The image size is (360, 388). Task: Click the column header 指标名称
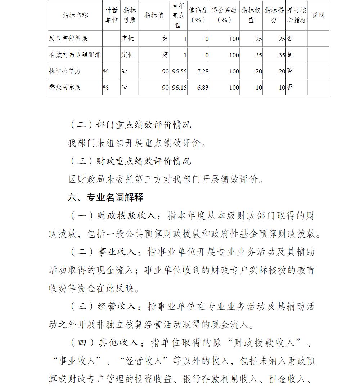tap(75, 15)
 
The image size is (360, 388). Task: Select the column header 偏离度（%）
tap(198, 15)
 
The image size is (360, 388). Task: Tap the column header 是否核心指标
tap(297, 15)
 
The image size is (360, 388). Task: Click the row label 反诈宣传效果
tap(68, 39)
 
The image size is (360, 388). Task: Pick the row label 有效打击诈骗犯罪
tap(75, 55)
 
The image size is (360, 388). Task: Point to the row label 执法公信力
tap(65, 71)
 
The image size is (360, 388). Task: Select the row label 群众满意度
tap(65, 87)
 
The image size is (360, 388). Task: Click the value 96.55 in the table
tap(179, 71)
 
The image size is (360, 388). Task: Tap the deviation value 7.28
tap(203, 71)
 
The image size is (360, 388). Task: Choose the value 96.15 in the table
tap(179, 88)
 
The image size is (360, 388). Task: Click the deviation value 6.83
tap(203, 88)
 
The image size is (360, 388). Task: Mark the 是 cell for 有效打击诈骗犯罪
tap(290, 55)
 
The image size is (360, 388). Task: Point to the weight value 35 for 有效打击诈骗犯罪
tap(258, 55)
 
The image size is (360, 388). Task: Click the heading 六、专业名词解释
tap(105, 197)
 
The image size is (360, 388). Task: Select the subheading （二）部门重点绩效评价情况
tap(130, 125)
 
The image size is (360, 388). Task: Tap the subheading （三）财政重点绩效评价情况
tap(130, 161)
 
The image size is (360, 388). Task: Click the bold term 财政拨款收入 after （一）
tap(126, 216)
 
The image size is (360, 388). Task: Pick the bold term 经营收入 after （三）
tap(117, 307)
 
